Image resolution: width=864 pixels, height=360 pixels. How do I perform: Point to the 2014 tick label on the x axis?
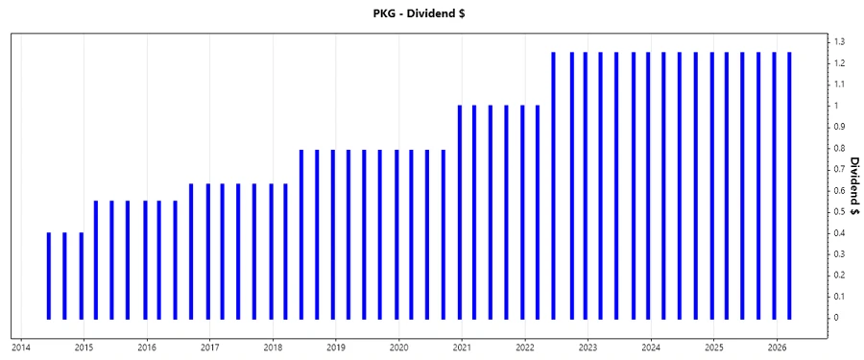21,348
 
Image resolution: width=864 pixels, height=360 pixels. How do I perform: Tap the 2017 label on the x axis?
210,348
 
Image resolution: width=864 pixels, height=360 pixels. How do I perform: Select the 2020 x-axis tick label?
399,348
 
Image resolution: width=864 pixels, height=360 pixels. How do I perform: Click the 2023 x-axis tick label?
588,348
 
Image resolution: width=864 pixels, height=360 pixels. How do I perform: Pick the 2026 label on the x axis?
777,348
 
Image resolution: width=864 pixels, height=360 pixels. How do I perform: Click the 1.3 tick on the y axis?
839,42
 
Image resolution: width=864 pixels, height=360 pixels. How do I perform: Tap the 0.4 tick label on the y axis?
839,233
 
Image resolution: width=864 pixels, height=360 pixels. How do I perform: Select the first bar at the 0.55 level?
96,259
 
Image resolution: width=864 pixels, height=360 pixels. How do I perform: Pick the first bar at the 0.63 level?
191,251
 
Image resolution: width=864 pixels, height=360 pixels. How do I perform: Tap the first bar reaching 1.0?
460,211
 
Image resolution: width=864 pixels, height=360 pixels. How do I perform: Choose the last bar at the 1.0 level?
538,211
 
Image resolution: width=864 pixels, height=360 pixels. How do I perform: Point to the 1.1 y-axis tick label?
839,84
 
